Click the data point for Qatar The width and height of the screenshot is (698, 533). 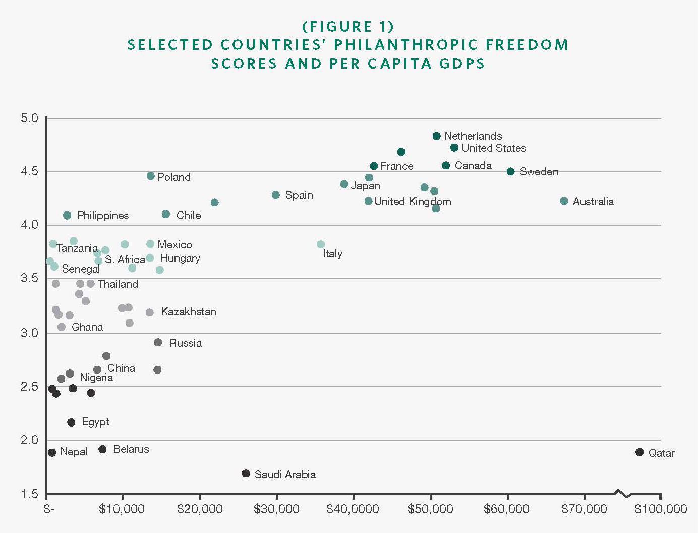(639, 452)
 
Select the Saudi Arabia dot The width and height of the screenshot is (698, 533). (246, 473)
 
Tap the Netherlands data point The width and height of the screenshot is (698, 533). (437, 136)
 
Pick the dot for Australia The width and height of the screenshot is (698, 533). (564, 201)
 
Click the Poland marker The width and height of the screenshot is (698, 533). (150, 176)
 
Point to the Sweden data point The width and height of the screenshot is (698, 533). (510, 172)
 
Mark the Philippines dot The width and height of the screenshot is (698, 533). (67, 216)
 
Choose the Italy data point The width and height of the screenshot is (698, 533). (321, 244)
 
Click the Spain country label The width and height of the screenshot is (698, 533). (299, 195)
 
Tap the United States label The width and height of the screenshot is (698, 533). (494, 148)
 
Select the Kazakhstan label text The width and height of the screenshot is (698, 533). (189, 312)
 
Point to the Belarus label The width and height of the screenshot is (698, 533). (131, 449)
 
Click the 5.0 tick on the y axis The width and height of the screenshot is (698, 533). (29, 118)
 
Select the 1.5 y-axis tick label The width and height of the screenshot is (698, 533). (29, 494)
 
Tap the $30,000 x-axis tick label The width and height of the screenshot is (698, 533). (276, 509)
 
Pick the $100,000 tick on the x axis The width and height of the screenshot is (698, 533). (661, 509)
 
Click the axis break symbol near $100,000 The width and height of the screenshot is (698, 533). (623, 493)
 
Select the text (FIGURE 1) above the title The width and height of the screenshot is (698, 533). (348, 26)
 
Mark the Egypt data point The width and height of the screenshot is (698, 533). (71, 422)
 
